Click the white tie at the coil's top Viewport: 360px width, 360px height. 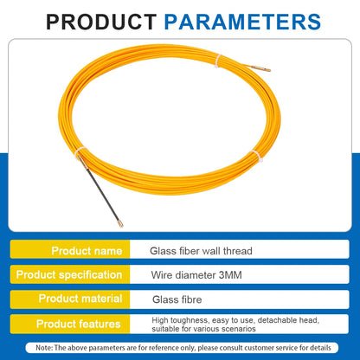pos(220,63)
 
